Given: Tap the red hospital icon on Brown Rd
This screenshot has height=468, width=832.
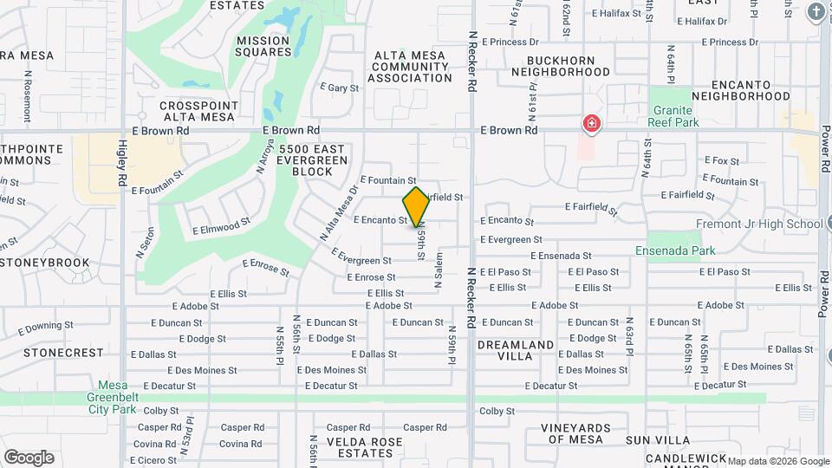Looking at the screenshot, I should coord(592,125).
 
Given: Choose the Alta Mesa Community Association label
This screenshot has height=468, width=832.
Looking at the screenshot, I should coord(410,67).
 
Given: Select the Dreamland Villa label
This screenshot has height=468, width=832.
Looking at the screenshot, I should coord(516,350).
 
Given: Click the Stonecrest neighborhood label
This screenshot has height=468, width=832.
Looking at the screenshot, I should coord(63,354).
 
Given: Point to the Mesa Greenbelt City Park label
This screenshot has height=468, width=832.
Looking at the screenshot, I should coord(124,392).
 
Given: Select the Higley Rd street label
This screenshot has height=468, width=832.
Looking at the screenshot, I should coord(123,164).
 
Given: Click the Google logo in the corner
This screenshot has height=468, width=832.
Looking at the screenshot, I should coord(29,458).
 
